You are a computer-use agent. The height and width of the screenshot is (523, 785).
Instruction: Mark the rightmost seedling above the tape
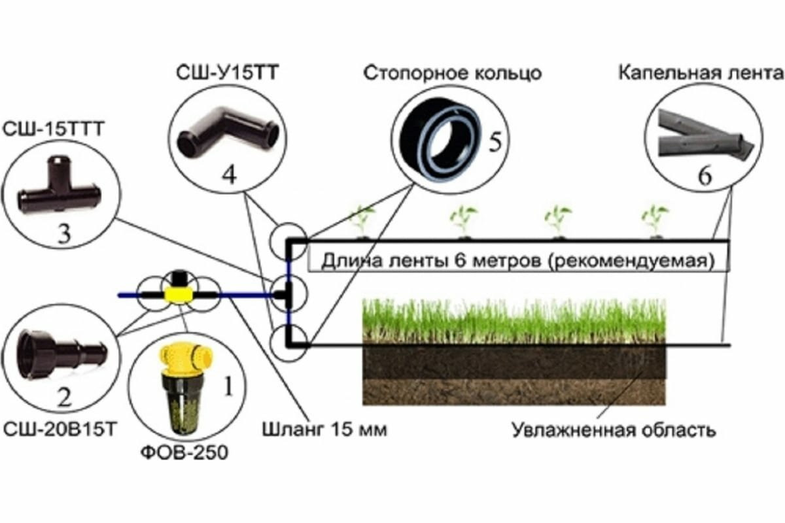tap(654, 220)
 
